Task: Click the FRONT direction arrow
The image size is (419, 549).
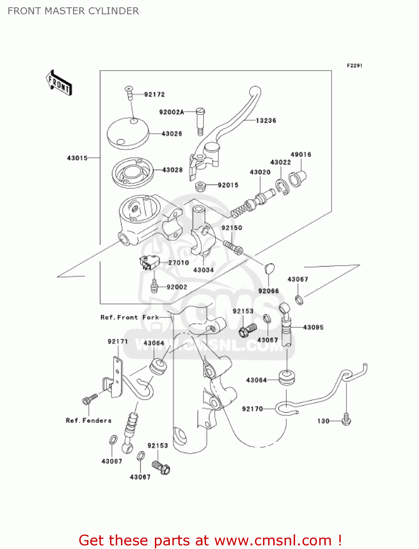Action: point(59,83)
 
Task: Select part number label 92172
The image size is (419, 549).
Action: point(154,94)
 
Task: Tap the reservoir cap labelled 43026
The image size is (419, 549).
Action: point(128,133)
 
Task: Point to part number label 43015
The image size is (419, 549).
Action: point(77,158)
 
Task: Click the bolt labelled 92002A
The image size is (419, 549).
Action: point(201,120)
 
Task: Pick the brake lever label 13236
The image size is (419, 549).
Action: point(266,120)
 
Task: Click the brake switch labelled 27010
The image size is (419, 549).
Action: point(149,262)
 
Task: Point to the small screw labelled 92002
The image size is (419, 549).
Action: point(154,286)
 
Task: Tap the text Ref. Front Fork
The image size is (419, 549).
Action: point(130,317)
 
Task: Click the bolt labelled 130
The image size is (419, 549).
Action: point(346,419)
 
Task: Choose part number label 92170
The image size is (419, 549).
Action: point(252,409)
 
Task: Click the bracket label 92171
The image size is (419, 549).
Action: point(118,341)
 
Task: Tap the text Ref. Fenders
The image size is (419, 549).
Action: point(88,421)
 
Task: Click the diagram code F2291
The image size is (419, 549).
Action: point(354,66)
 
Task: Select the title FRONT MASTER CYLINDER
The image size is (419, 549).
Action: point(73,11)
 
